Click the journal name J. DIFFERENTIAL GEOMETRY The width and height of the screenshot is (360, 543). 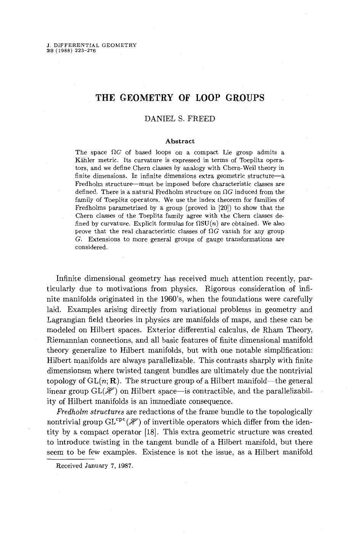tap(91, 45)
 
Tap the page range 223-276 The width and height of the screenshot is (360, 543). tap(85, 50)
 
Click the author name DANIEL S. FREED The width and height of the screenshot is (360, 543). tap(180, 119)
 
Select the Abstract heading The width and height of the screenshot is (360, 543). tap(180, 141)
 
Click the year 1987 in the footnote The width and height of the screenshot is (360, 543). tap(125, 466)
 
